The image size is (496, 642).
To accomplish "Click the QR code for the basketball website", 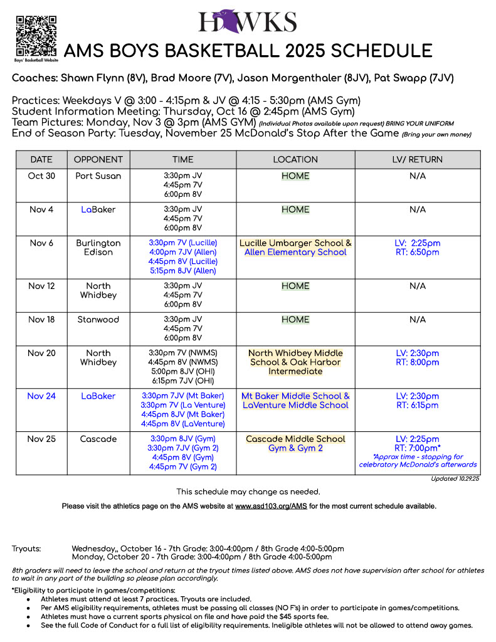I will coord(36,36).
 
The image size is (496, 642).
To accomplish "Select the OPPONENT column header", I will coord(98,159).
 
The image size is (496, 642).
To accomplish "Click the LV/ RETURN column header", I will coord(417,159).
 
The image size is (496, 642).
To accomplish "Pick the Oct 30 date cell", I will coord(41,176).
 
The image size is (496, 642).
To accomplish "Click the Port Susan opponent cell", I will coord(98,176).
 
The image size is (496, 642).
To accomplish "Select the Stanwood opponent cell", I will coord(98,320).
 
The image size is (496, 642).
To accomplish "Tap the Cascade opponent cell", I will coord(98,439).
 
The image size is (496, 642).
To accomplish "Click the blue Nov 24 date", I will coord(41,396).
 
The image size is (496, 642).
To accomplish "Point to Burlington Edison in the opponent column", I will coord(98,248).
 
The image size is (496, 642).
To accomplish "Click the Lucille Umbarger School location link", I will coord(295,243).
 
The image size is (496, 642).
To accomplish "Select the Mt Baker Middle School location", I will coord(295,396).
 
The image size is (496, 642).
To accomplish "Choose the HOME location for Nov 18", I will coord(295,320).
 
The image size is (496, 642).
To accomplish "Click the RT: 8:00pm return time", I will coord(417,362).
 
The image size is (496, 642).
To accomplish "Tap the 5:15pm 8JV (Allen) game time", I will coord(182,271).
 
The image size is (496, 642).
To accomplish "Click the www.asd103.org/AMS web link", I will coord(271,505).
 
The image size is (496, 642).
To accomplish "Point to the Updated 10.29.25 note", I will coord(455,479).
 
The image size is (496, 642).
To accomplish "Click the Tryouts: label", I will coord(26,549).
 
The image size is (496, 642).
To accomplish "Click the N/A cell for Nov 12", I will coord(417,286).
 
